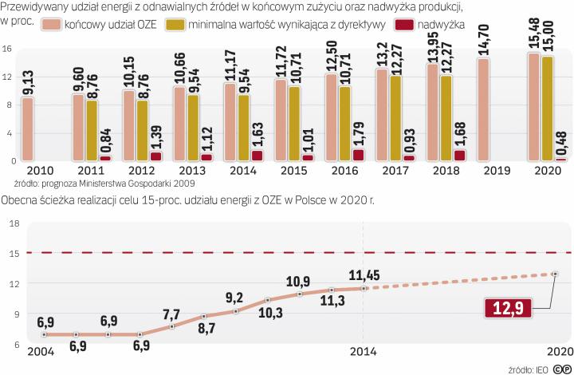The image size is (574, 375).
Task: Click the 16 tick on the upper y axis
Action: (x=6, y=49)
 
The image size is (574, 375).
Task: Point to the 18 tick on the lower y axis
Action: (x=12, y=223)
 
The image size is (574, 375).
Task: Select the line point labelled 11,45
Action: (x=364, y=288)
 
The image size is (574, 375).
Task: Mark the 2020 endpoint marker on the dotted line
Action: (x=554, y=274)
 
